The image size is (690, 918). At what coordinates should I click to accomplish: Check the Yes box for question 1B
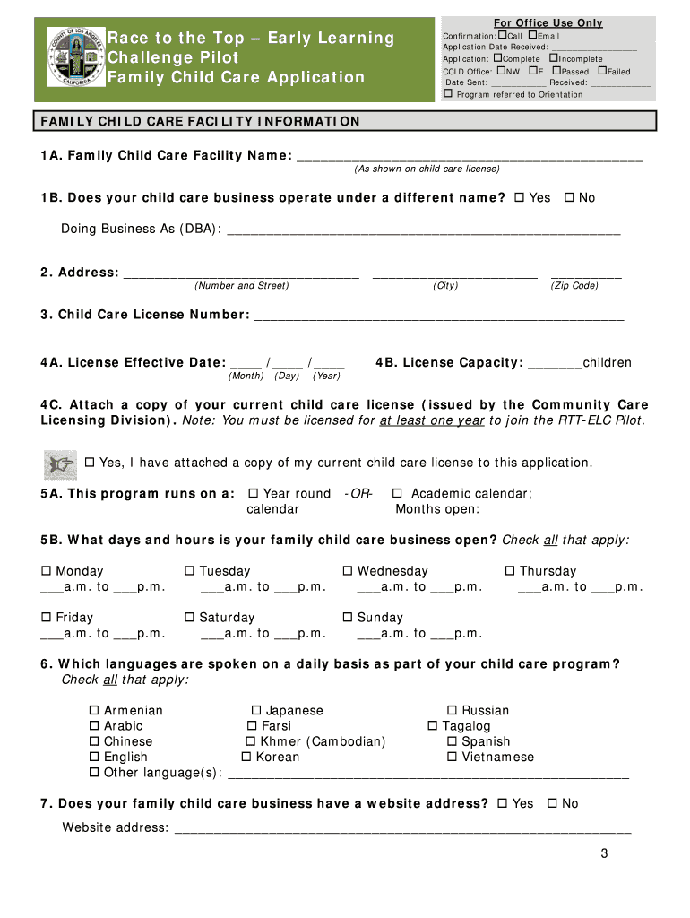(x=522, y=197)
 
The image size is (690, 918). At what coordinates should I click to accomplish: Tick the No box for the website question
(x=552, y=803)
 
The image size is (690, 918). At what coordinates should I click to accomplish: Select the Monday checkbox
(x=46, y=571)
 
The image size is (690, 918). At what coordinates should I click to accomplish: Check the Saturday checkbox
(x=190, y=618)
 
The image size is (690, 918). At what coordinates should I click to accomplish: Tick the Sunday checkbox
(x=348, y=618)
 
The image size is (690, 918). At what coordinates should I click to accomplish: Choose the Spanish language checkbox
(x=453, y=741)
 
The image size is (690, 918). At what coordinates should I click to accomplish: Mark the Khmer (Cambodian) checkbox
(x=251, y=741)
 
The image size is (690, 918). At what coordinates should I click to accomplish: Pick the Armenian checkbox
(x=94, y=710)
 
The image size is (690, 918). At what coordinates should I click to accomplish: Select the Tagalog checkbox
(x=433, y=726)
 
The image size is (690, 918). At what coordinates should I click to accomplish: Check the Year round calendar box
(x=254, y=493)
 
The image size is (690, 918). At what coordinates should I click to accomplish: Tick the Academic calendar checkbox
(x=397, y=493)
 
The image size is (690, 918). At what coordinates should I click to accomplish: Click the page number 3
(x=605, y=853)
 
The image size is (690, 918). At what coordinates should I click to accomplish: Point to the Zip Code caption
(x=574, y=285)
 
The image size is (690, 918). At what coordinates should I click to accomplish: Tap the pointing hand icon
(x=61, y=463)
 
